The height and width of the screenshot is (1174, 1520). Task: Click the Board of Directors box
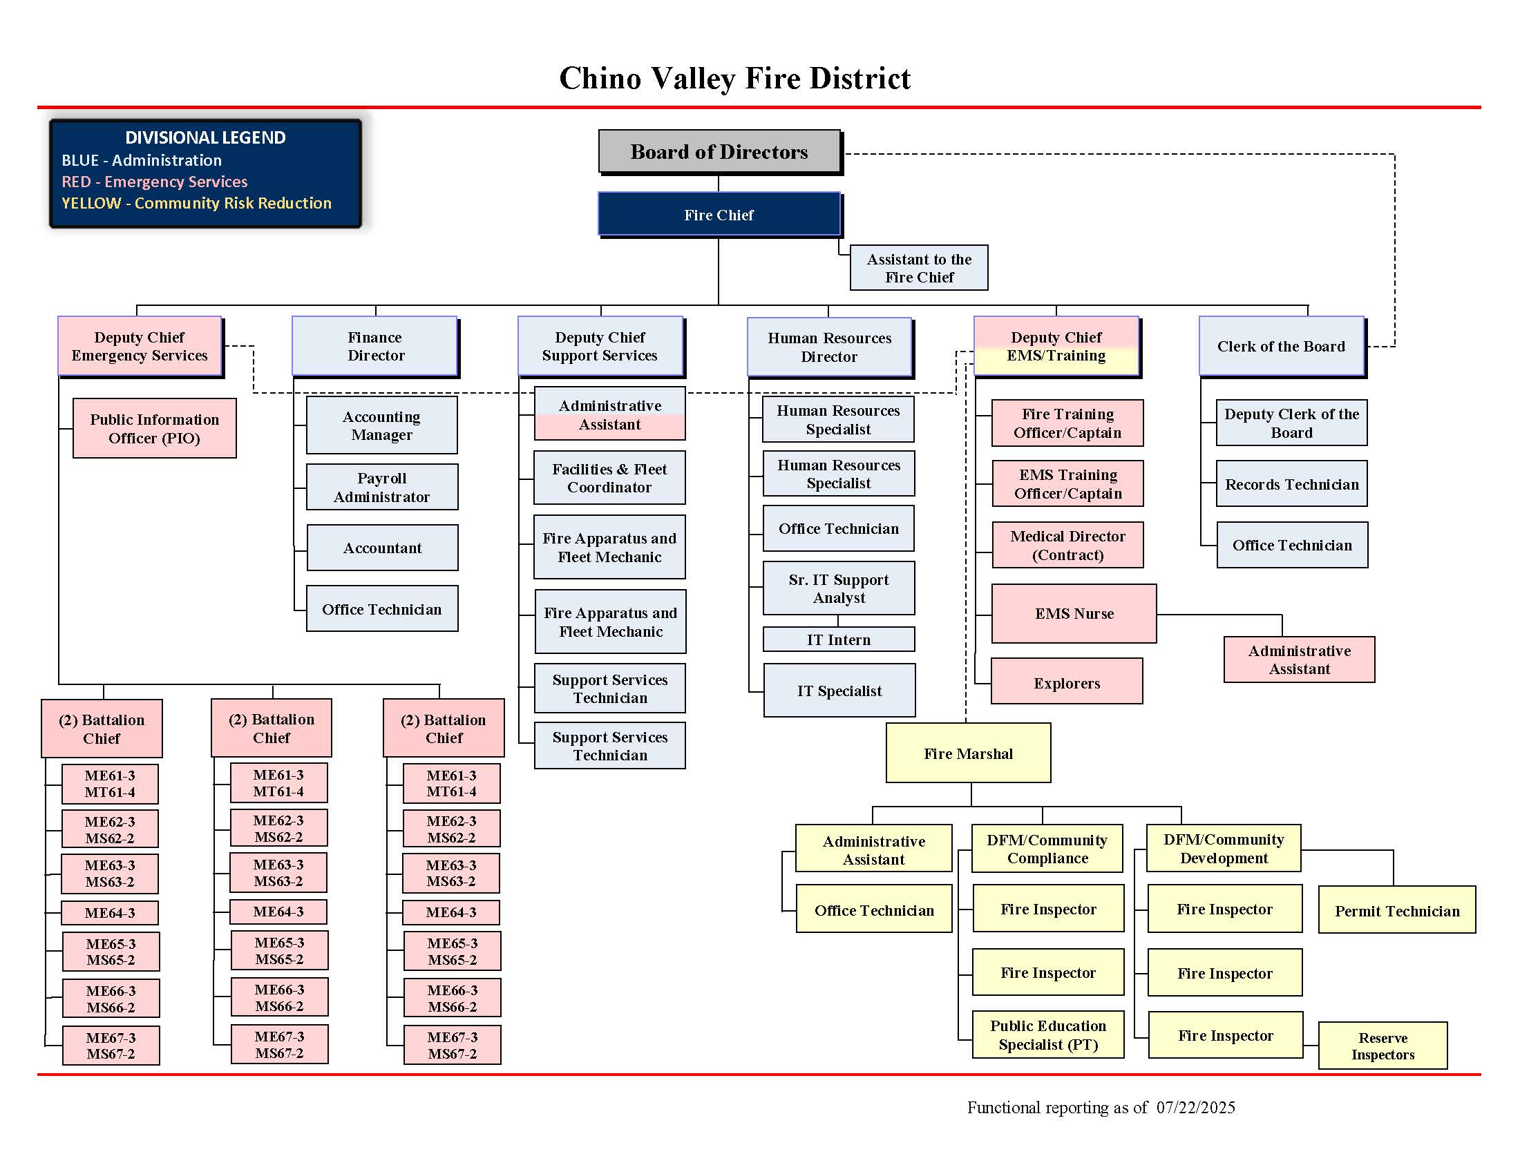(x=719, y=152)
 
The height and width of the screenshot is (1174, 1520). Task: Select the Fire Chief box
(x=719, y=215)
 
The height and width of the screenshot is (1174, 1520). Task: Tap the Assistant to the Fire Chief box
(x=919, y=268)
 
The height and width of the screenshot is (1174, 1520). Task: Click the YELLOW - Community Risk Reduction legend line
(x=196, y=203)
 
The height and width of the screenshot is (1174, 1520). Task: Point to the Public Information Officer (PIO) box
(x=155, y=428)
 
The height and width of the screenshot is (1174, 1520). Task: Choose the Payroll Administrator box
(x=381, y=488)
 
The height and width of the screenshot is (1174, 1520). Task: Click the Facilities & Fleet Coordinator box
(x=609, y=478)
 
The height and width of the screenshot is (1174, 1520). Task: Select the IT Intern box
(x=839, y=640)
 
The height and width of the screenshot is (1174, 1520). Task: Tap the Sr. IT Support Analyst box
(x=839, y=588)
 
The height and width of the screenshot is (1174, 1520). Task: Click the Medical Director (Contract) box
(x=1067, y=546)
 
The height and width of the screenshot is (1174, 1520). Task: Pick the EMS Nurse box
(x=1073, y=613)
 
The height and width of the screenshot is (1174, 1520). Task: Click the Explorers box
(x=1066, y=682)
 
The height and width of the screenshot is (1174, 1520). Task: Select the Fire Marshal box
(x=968, y=753)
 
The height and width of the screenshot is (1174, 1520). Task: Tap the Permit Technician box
(x=1397, y=910)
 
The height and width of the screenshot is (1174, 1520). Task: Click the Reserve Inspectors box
(x=1383, y=1046)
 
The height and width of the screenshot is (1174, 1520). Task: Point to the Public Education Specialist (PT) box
(x=1047, y=1035)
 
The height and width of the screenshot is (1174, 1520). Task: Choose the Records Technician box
(x=1291, y=484)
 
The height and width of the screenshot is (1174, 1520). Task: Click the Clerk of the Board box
(x=1280, y=347)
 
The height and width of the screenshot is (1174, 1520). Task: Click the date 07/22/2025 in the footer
(x=1195, y=1107)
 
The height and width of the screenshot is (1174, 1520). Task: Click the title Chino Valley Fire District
(x=734, y=78)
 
